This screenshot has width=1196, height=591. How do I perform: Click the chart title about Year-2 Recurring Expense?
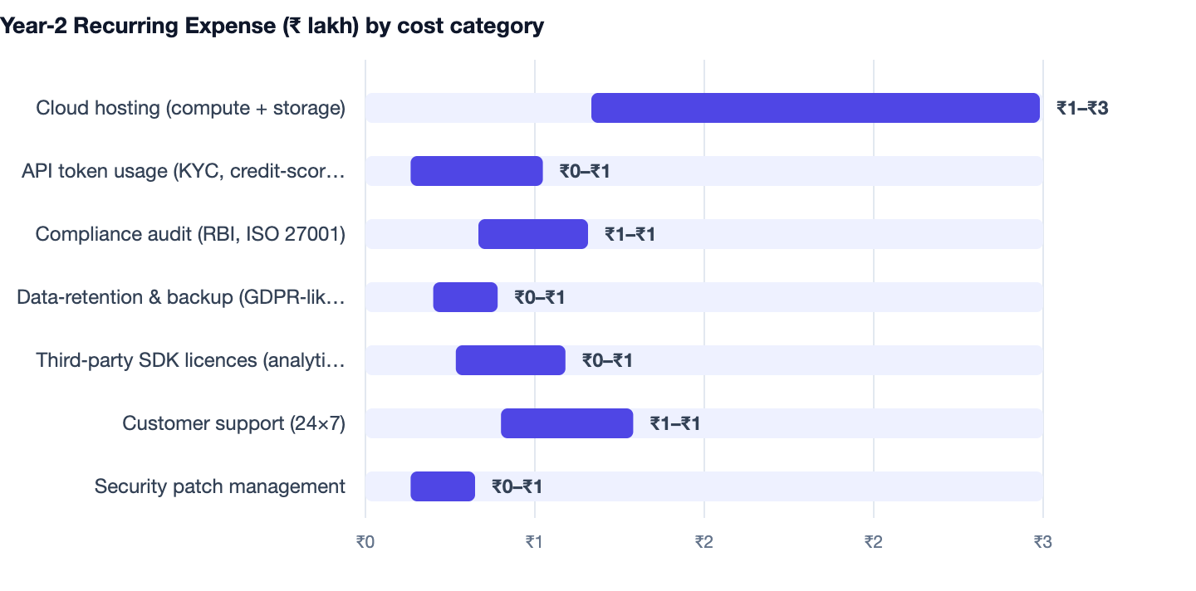point(272,26)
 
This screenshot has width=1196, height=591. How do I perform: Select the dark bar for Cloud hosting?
point(816,108)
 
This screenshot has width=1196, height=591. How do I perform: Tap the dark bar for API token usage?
point(476,171)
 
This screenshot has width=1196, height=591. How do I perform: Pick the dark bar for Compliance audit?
point(533,233)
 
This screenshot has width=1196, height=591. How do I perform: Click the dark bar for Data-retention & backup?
point(465,297)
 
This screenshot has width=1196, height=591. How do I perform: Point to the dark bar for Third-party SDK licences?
point(511,360)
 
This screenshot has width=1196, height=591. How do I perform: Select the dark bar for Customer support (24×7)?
point(567,423)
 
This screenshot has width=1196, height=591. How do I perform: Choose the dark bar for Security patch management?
point(443,486)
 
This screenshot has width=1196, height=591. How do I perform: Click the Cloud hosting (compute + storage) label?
point(191,108)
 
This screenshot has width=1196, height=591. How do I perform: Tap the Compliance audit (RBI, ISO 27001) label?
point(190,233)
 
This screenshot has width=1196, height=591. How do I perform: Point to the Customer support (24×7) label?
point(234,423)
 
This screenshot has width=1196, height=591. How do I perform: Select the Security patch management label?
point(220,486)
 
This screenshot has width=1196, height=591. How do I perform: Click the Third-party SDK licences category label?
point(191,360)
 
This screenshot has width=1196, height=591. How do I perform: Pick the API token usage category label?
point(183,171)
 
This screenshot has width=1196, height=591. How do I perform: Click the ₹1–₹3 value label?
point(1082,108)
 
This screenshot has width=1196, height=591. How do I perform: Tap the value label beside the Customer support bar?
point(675,423)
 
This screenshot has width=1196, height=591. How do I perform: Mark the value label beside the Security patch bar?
point(517,486)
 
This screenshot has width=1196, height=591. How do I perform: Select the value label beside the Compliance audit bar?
point(630,234)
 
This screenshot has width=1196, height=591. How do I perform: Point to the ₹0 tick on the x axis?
point(365,542)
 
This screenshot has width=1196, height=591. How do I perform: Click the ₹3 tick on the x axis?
point(1043,542)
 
